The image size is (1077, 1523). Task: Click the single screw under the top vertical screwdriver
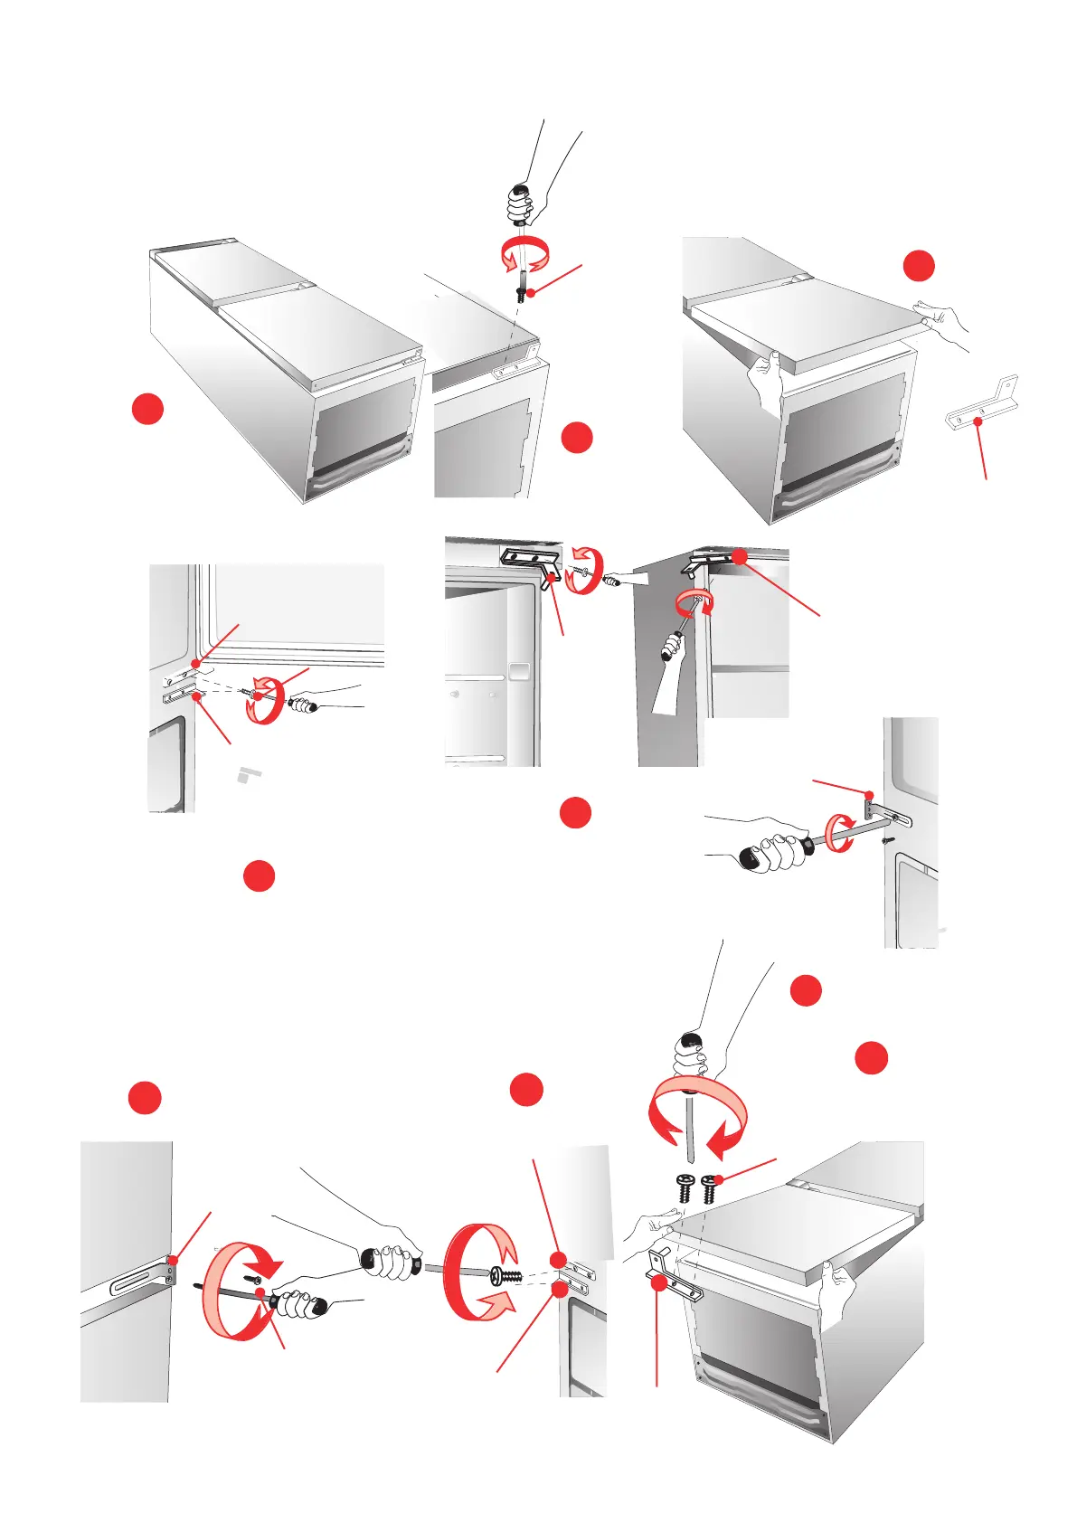pos(522,295)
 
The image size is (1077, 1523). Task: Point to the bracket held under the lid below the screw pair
pos(673,1275)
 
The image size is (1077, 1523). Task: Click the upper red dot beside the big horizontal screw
pos(559,1259)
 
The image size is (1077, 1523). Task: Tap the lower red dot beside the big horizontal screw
pos(560,1290)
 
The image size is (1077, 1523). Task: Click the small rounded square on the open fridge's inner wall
pos(518,671)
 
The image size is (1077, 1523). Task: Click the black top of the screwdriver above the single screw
pos(518,191)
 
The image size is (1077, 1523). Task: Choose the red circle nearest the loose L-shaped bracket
pos(919,266)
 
